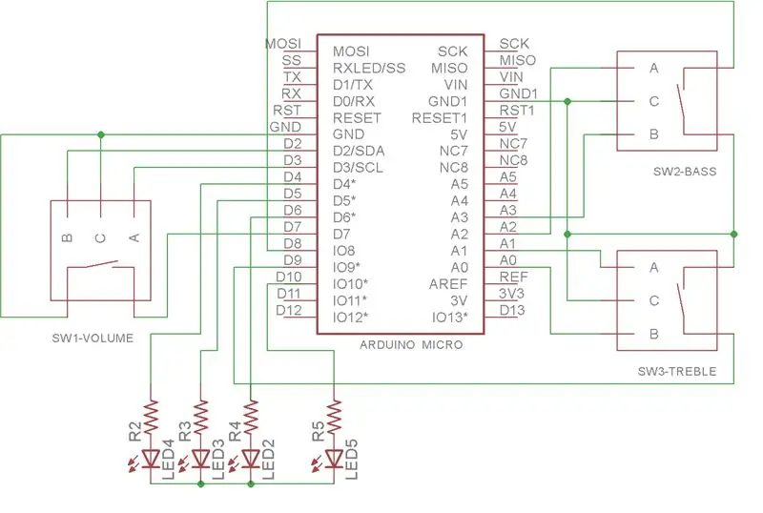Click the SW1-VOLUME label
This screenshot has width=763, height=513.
point(93,338)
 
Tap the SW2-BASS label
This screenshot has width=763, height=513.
point(685,172)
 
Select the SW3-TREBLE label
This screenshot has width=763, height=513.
point(677,371)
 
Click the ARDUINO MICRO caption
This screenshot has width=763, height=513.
point(411,345)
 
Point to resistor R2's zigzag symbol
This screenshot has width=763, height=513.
point(151,415)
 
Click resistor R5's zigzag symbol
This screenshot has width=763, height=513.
point(335,415)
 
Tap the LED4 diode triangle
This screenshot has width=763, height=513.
point(151,458)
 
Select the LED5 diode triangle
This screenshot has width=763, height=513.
point(335,458)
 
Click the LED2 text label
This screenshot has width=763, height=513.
point(268,459)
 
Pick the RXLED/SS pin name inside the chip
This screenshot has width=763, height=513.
point(369,68)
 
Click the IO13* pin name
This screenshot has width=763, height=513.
point(449,318)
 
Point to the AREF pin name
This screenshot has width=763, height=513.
point(448,284)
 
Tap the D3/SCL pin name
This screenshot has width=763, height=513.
point(359,168)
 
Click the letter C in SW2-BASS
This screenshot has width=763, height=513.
point(654,101)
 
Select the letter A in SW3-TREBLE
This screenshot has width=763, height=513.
point(654,267)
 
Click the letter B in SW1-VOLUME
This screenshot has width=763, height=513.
point(67,237)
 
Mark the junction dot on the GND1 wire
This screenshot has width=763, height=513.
point(567,101)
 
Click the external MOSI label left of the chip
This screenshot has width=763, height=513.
point(283,43)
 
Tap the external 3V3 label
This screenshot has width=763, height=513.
point(511,294)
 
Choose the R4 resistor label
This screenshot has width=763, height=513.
point(235,431)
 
